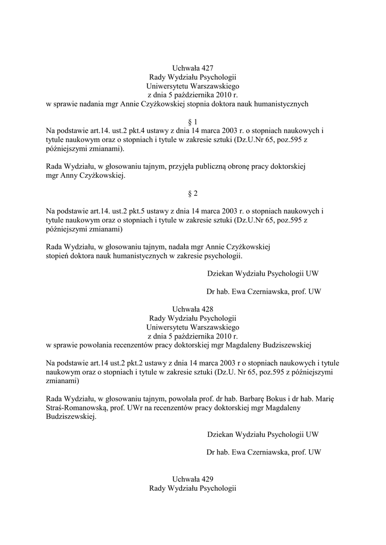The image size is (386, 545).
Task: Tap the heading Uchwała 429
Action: pyautogui.click(x=193, y=480)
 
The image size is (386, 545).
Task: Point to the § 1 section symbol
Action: pyautogui.click(x=193, y=122)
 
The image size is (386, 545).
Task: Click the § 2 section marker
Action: pyautogui.click(x=193, y=193)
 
